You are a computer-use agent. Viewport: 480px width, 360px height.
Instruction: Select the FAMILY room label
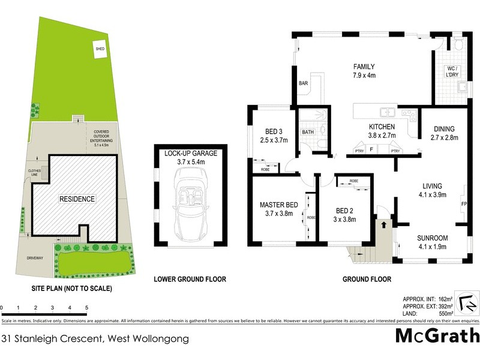click(364, 67)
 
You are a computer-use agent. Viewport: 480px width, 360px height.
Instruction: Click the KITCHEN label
click(382, 127)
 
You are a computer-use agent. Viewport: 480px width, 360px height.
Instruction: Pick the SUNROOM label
click(432, 238)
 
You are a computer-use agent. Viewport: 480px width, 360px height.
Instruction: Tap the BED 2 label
click(344, 210)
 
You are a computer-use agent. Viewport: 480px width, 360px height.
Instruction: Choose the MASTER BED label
click(278, 205)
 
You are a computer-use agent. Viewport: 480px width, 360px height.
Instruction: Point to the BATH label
click(308, 131)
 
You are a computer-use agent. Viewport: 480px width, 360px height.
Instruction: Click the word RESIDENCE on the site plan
click(76, 199)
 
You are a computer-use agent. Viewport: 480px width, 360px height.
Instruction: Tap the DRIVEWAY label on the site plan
click(35, 258)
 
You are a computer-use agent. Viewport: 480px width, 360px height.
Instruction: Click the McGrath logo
click(437, 335)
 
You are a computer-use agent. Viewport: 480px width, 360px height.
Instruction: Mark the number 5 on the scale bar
click(87, 307)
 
